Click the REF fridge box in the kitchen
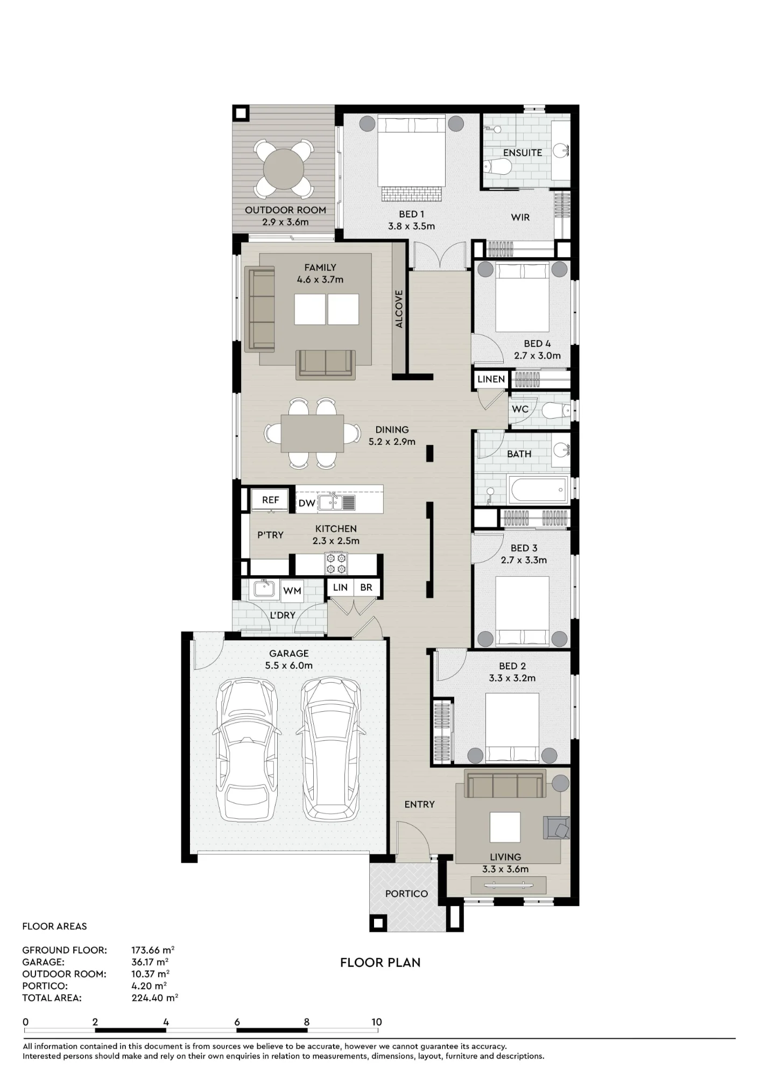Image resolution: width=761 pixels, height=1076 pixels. click(270, 500)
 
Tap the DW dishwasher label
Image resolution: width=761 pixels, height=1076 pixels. click(307, 503)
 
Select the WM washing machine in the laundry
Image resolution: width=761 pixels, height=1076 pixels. click(292, 591)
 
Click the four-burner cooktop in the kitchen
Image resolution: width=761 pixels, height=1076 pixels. click(336, 563)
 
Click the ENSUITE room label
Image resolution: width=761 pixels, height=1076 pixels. click(523, 153)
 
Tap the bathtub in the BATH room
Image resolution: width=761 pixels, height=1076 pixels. click(538, 490)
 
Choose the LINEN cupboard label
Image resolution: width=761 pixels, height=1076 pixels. click(491, 379)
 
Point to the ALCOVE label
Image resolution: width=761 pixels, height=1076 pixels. click(399, 309)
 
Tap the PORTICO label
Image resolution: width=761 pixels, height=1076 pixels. click(406, 894)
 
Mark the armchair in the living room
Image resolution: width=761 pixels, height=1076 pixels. click(556, 827)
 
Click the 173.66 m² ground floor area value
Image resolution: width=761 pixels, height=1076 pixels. click(153, 950)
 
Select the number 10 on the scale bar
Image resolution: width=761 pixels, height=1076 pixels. click(376, 1022)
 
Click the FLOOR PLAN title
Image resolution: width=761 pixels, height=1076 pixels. click(380, 962)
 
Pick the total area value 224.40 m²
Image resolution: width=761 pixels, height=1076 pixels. click(154, 998)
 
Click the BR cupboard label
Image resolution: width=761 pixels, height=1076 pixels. click(366, 587)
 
